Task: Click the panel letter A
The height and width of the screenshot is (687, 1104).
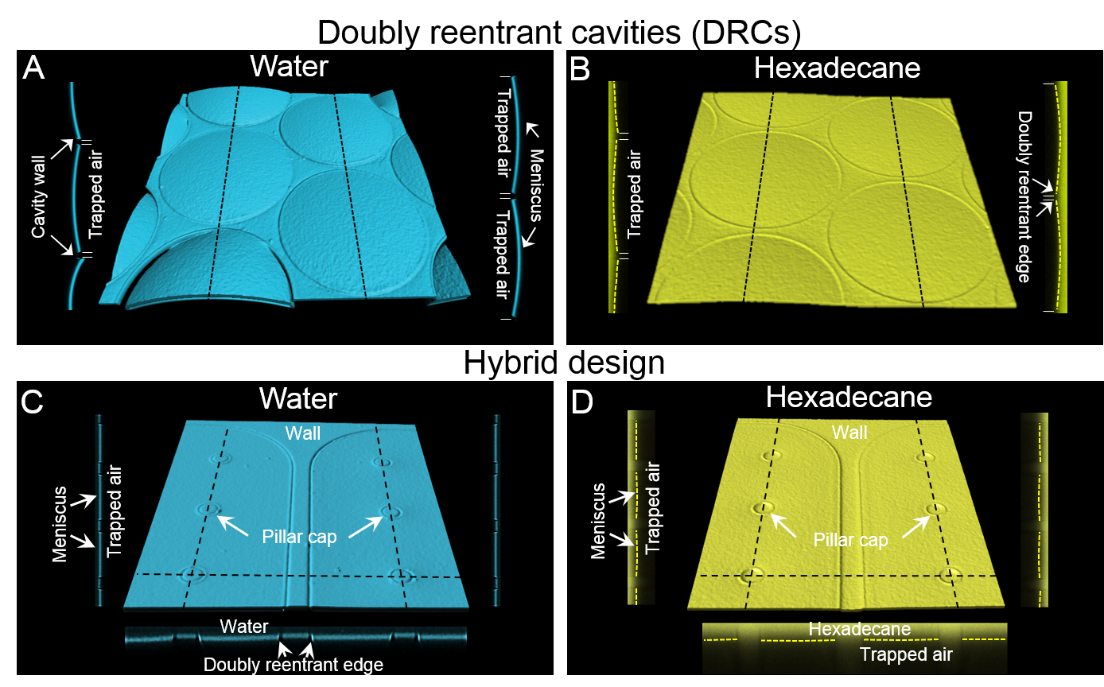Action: point(33,68)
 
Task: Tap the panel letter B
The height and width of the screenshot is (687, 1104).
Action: point(581,69)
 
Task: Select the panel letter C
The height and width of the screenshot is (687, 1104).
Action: point(32,402)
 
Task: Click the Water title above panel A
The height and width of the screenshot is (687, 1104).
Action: point(289,65)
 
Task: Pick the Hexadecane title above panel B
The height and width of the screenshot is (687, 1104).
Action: point(837,68)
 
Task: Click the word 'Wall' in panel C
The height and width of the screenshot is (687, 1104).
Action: point(304,433)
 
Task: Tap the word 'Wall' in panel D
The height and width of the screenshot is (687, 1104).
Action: point(849,433)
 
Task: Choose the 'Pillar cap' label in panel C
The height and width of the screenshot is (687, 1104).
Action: point(299,537)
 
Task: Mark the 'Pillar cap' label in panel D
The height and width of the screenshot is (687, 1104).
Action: point(850,540)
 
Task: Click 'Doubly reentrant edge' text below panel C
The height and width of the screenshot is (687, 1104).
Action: point(293,665)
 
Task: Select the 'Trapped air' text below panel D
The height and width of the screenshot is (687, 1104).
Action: point(906,655)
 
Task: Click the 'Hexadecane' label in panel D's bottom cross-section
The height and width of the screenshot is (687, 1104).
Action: point(860,630)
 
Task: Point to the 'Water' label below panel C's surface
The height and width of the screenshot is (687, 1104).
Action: point(243,627)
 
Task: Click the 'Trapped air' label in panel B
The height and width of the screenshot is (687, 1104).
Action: point(634,195)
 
